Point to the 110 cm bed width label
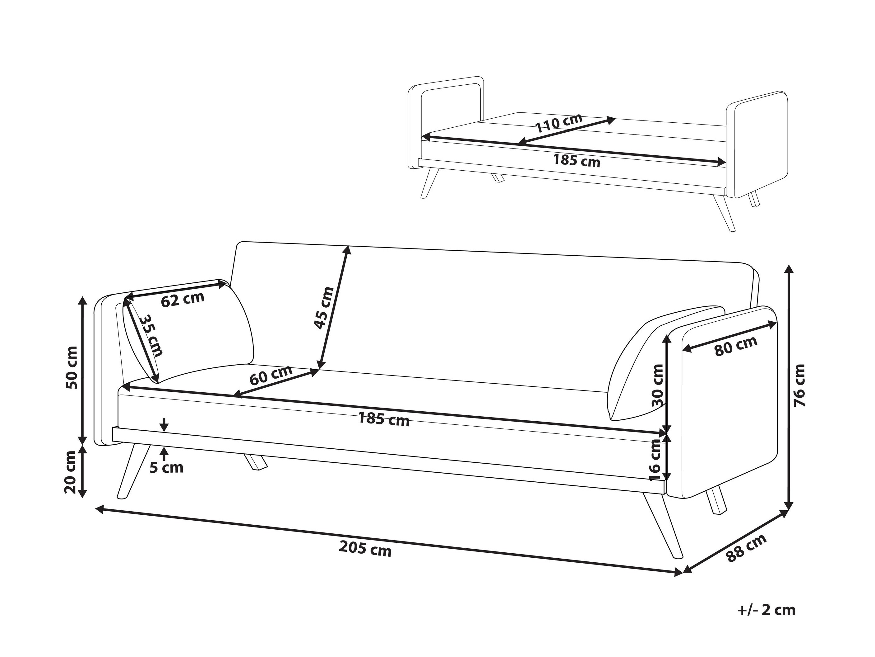point(558,123)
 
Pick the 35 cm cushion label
point(151,335)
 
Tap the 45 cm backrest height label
point(324,308)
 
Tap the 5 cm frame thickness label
point(167,468)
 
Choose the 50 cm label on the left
point(72,367)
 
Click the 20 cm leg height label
point(70,472)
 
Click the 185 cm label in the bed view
point(577,160)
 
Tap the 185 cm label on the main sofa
point(384,418)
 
